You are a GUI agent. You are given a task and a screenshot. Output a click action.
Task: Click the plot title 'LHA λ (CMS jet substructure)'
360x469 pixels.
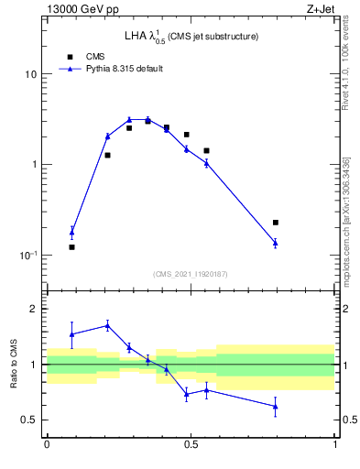[x=191, y=37]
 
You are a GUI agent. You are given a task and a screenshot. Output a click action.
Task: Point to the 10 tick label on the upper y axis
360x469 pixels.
[x=32, y=74]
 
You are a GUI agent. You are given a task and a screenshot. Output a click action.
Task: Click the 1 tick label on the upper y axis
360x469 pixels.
[x=35, y=165]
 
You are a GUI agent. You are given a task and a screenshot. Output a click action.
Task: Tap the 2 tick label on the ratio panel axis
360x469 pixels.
[x=35, y=310]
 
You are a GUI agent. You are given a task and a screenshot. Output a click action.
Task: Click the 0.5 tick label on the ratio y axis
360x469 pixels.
[x=30, y=420]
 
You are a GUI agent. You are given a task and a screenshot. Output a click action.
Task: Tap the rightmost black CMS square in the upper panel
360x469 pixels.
[x=275, y=223]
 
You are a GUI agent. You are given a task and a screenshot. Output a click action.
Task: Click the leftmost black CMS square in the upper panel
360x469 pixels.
[x=71, y=247]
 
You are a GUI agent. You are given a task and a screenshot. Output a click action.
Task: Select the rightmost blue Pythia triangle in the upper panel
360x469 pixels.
[x=275, y=243]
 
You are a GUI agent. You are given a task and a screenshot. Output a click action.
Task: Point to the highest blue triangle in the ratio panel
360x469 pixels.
[x=107, y=325]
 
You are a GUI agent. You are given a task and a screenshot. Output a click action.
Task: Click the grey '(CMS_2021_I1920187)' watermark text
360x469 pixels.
[x=191, y=274]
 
